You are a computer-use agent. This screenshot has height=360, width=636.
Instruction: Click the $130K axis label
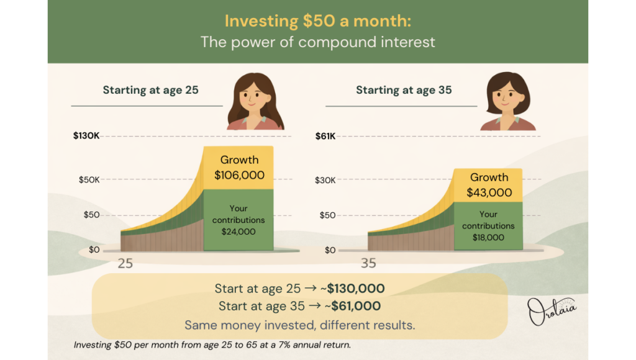[86, 135]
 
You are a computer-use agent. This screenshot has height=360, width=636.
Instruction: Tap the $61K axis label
[325, 135]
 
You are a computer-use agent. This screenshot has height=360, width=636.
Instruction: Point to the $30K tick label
[325, 180]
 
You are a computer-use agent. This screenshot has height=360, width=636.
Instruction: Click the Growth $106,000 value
[239, 175]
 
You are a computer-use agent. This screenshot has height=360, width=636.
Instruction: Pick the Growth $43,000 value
[489, 192]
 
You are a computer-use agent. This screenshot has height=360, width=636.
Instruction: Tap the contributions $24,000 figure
[238, 232]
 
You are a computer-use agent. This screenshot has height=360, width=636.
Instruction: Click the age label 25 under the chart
[125, 263]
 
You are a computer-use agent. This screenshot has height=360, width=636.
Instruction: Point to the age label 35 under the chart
[368, 263]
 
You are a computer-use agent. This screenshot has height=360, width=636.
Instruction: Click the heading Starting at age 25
[150, 90]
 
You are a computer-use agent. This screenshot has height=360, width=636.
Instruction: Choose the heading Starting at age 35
[404, 90]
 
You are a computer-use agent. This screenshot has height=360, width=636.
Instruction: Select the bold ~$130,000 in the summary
[356, 289]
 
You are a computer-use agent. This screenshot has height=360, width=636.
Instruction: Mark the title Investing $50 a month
[317, 21]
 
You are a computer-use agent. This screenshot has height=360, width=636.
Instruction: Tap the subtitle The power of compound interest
[317, 42]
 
